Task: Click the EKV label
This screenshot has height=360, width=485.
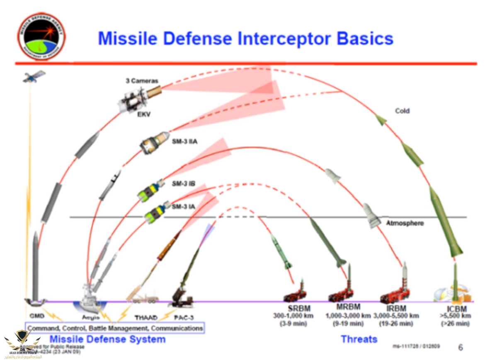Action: point(143,114)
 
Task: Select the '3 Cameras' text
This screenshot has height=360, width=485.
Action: point(142,81)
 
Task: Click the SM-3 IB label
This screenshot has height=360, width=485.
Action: point(183,183)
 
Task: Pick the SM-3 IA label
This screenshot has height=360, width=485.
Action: point(183,206)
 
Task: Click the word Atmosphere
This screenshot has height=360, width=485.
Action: point(405,223)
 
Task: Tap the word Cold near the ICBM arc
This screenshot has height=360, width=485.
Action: point(402,111)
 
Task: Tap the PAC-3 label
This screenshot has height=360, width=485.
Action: point(184,318)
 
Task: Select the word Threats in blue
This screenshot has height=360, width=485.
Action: point(359,339)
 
